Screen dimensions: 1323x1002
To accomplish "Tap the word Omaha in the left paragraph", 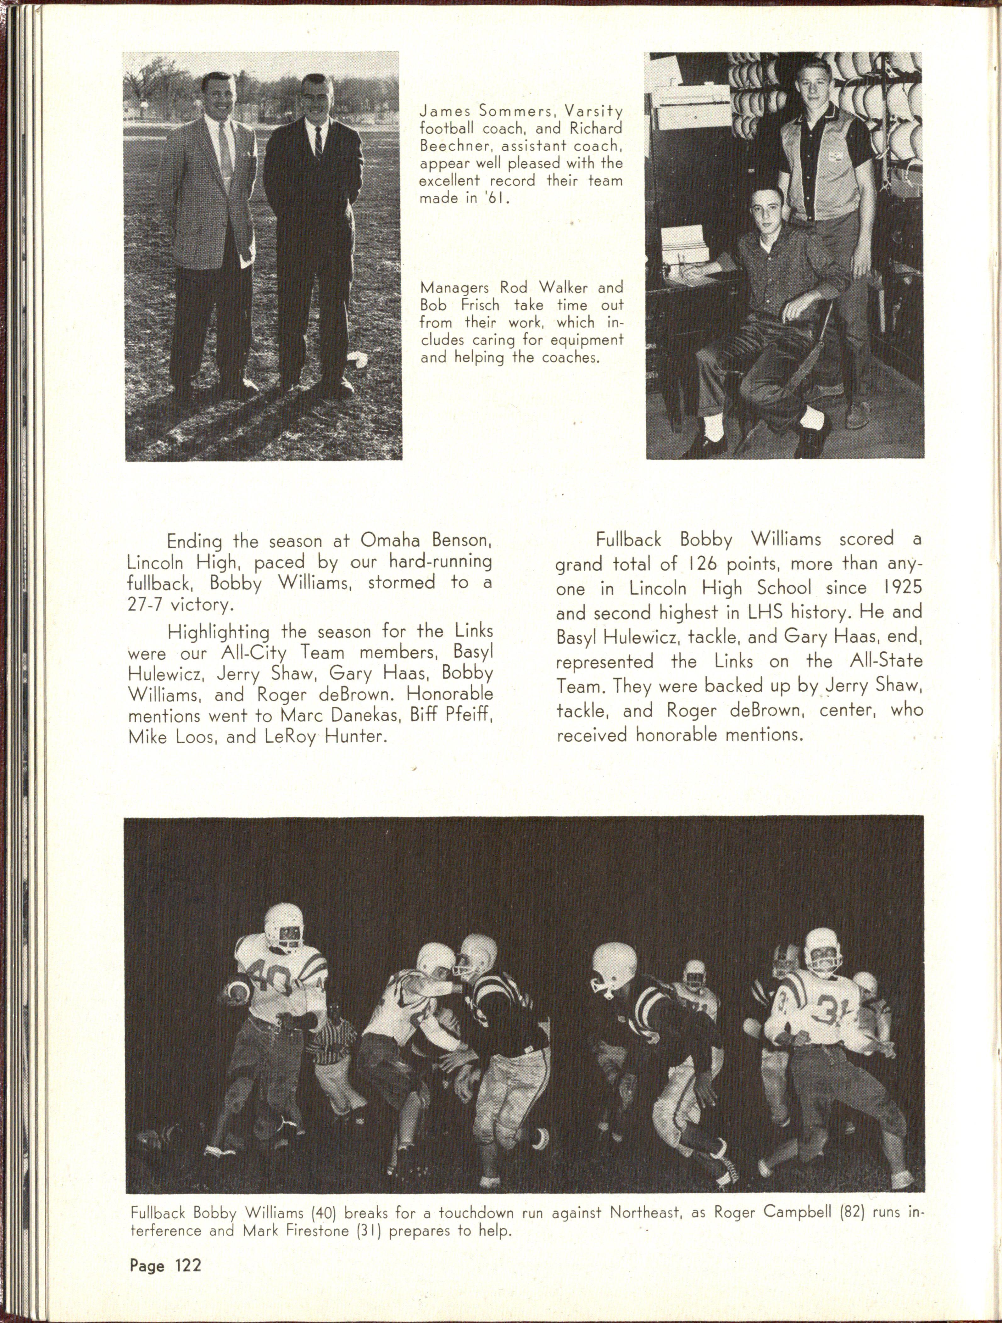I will pos(390,541).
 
